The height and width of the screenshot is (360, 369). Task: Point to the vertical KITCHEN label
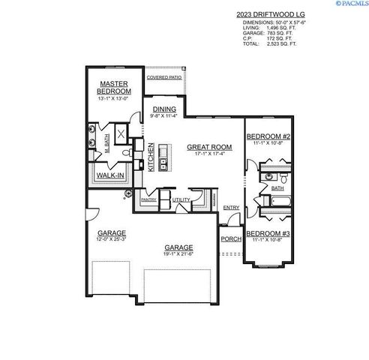pyautogui.click(x=151, y=158)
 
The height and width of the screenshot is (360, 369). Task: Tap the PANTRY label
pyautogui.click(x=148, y=200)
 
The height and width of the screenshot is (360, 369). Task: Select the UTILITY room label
pyautogui.click(x=181, y=200)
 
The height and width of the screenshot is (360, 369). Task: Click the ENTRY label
pyautogui.click(x=231, y=208)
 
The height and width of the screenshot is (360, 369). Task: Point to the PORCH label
pyautogui.click(x=230, y=240)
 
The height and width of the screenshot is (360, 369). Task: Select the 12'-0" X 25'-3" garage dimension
pyautogui.click(x=111, y=240)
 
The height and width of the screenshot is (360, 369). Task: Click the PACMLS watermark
pyautogui.click(x=348, y=4)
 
